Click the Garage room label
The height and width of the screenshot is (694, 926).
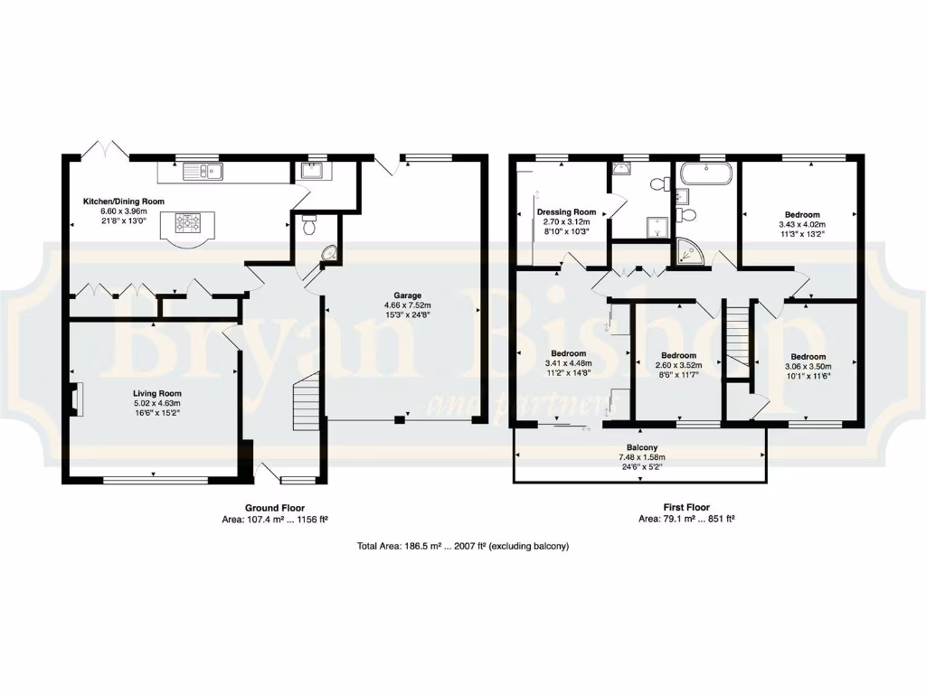pos(407,295)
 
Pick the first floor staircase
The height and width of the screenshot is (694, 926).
pos(738,335)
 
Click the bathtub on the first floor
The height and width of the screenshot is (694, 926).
pos(705,173)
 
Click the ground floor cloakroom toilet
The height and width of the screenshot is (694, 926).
pos(309,226)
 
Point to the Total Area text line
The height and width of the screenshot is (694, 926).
pos(462,547)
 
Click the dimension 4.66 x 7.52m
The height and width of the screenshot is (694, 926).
pos(407,305)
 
